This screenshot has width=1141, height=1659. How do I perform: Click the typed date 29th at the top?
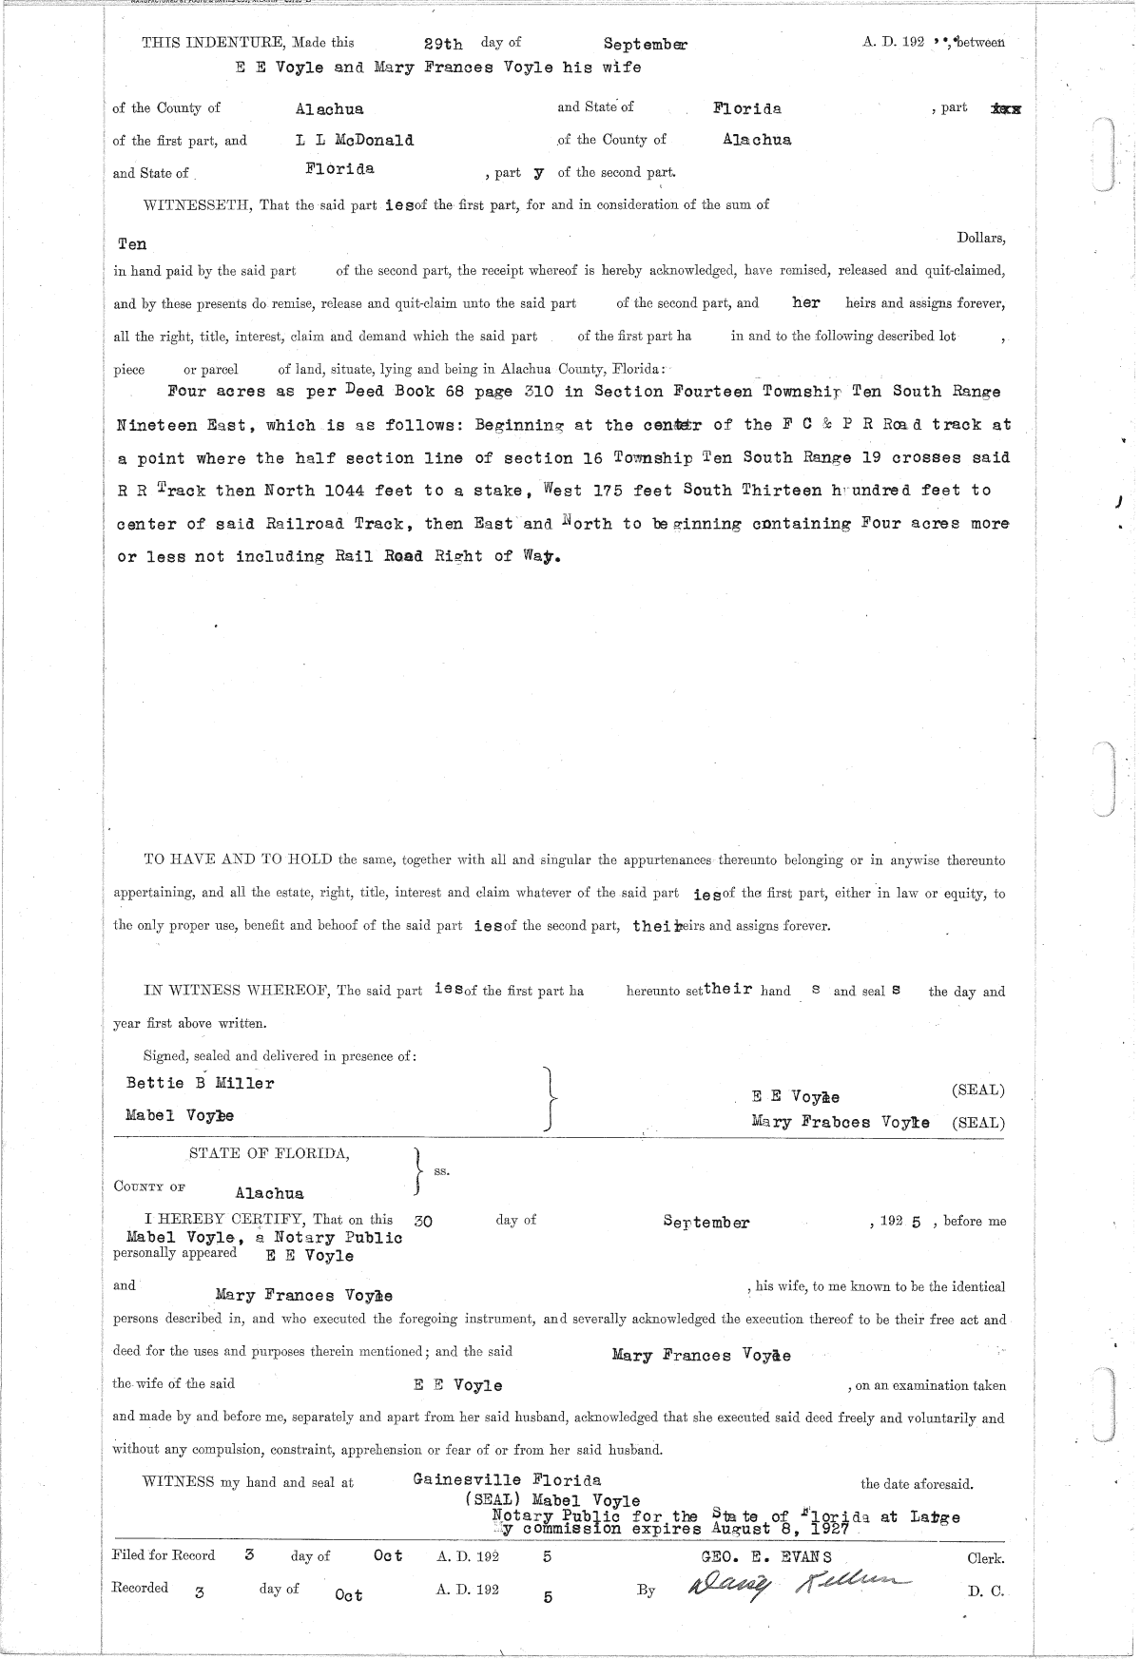(443, 44)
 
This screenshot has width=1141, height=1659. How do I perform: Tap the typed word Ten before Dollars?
(132, 243)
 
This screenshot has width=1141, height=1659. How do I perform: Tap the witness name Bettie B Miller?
(200, 1083)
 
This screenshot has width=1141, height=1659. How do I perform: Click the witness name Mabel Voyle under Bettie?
(180, 1115)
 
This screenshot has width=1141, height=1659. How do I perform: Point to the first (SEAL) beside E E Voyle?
(977, 1090)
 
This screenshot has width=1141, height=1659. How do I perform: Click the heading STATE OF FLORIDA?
(269, 1154)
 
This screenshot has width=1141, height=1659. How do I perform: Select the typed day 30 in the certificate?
(423, 1222)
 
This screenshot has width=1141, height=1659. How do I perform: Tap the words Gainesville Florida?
(507, 1480)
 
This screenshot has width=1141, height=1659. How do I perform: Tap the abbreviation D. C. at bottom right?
(985, 1591)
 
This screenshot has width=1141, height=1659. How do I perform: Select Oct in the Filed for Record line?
(388, 1556)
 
